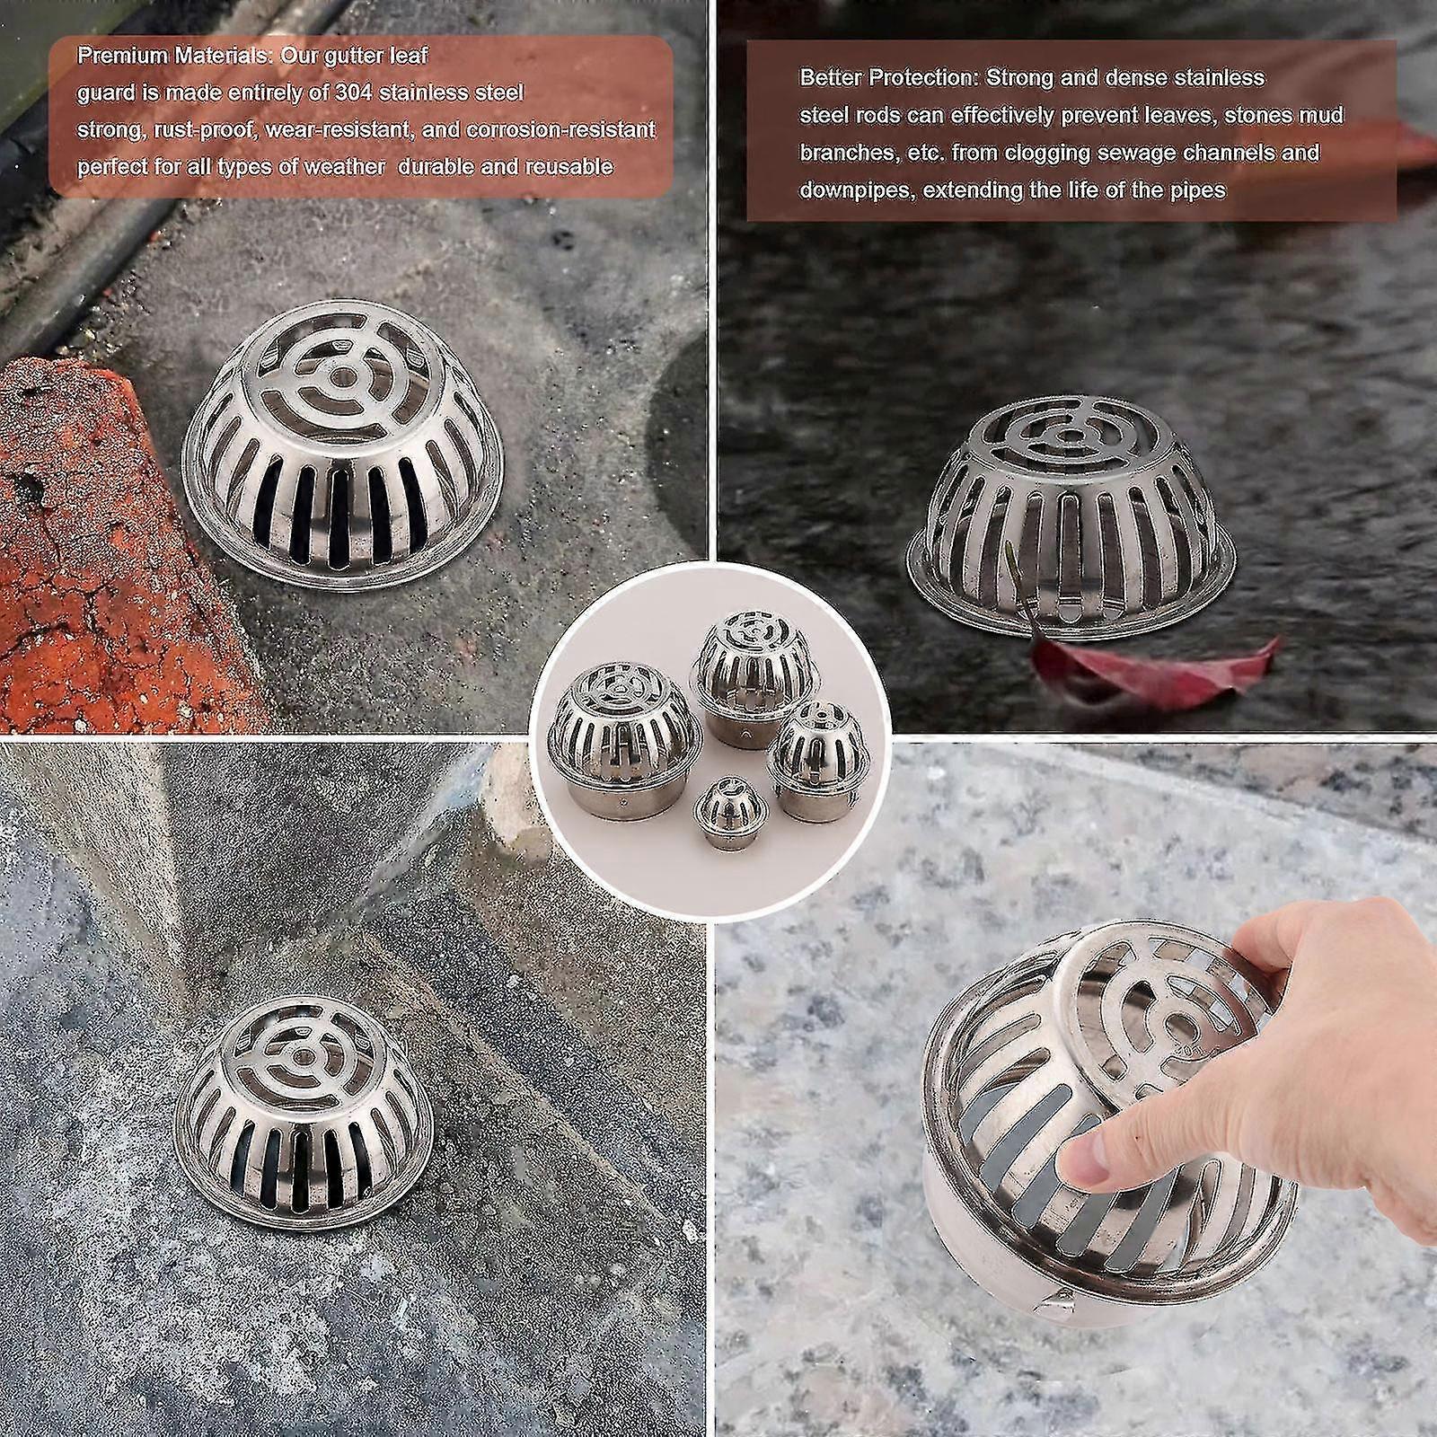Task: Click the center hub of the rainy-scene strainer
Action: pyautogui.click(x=1068, y=436)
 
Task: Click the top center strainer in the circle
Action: pyautogui.click(x=745, y=660)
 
